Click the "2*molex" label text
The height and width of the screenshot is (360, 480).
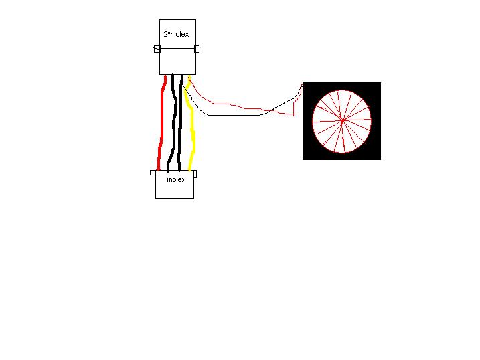tap(176, 35)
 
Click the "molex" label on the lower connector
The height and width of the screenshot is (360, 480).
tap(176, 179)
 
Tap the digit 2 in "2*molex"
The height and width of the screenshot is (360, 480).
tap(165, 35)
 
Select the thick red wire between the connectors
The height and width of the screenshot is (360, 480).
tap(161, 122)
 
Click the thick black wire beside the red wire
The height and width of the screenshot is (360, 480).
tap(174, 122)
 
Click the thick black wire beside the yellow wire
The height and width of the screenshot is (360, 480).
tap(181, 122)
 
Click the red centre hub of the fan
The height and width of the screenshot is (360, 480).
tap(343, 120)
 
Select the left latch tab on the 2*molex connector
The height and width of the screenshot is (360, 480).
tap(157, 49)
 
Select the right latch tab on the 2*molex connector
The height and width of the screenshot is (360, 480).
tap(197, 49)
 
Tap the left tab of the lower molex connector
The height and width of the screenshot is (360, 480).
tap(154, 173)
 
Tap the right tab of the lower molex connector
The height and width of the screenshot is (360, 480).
tap(195, 174)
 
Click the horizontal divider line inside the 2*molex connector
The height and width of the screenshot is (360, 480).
tap(177, 48)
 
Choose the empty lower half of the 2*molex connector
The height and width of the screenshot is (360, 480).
tap(177, 61)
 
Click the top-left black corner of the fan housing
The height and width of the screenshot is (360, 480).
tap(303, 82)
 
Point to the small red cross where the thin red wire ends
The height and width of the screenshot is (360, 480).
tap(294, 114)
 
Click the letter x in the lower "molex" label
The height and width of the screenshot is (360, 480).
tap(183, 180)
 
